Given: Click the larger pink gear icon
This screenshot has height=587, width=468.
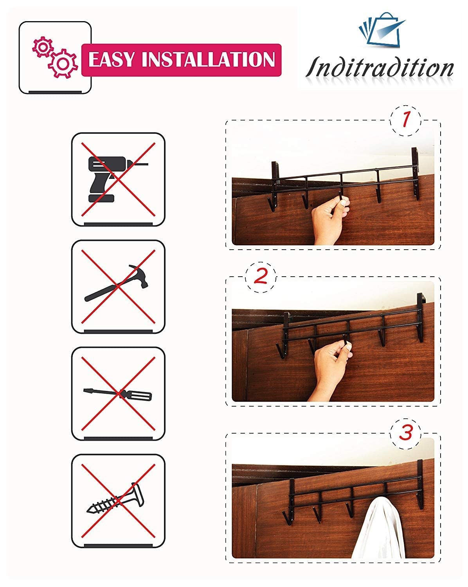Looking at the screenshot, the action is point(63,63).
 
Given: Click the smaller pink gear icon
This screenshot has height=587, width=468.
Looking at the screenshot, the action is point(43,47).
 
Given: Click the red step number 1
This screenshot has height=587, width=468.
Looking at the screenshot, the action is point(406,119).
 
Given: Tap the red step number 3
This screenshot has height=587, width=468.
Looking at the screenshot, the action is point(406,432).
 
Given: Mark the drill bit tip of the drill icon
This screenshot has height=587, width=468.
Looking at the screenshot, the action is point(148,164).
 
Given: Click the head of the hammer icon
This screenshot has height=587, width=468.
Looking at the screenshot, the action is point(139,275).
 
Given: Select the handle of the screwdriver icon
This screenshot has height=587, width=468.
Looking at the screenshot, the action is point(136,395).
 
